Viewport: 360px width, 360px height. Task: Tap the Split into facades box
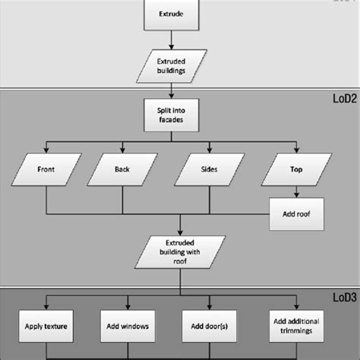click(x=180, y=116)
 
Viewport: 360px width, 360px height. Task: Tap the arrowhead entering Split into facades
click(x=180, y=98)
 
